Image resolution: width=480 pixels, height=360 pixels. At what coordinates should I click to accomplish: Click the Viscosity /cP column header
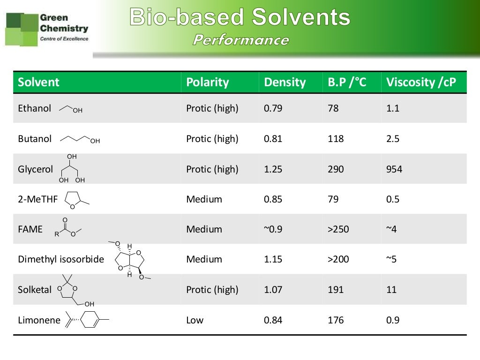pos(420,82)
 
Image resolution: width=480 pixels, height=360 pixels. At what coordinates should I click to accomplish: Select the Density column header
pos(285,82)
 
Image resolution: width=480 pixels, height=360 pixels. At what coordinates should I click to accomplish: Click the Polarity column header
pos(207,82)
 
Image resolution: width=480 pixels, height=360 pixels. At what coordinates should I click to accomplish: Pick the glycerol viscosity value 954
pos(394,169)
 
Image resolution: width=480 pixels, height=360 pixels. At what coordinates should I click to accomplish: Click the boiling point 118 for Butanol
pos(336,139)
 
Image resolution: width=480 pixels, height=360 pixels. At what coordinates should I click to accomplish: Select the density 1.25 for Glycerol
pos(273,169)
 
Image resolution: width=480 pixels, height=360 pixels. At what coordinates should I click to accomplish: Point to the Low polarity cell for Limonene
pos(195,320)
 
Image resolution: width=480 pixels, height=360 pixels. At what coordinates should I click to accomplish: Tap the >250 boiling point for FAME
pos(338,229)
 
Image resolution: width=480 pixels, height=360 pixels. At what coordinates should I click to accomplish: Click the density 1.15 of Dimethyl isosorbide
pos(273,259)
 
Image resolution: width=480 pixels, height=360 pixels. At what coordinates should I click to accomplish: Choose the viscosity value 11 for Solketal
pos(391,290)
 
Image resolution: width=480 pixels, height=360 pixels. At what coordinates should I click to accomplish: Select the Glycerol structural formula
pos(72,169)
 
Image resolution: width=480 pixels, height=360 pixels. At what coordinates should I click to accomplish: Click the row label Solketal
pos(35,290)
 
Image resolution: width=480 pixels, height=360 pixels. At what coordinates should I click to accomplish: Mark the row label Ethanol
pos(34,108)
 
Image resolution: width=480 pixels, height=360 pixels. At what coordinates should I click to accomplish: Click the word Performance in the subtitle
pos(241,40)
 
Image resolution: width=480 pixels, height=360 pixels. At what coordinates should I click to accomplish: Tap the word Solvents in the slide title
pos(301,18)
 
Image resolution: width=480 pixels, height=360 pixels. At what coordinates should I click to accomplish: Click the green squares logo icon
pos(21,29)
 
